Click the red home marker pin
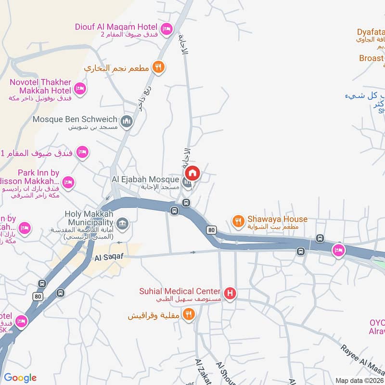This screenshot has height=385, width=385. pos(192,173)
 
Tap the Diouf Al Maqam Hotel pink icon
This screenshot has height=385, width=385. pos(166,29)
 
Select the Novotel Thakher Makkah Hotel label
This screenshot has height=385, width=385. pos(40,87)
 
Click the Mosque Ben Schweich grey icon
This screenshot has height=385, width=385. pos(127,120)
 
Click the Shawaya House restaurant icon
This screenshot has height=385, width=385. pos(238,221)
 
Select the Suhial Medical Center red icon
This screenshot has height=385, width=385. pos(230,293)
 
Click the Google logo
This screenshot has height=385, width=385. pos(20,378)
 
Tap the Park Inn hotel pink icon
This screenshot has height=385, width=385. pos(68,182)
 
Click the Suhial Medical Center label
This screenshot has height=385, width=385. pos(180,292)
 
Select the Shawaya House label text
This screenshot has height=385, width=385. pos(277,219)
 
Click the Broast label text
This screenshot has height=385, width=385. pos(372,58)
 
